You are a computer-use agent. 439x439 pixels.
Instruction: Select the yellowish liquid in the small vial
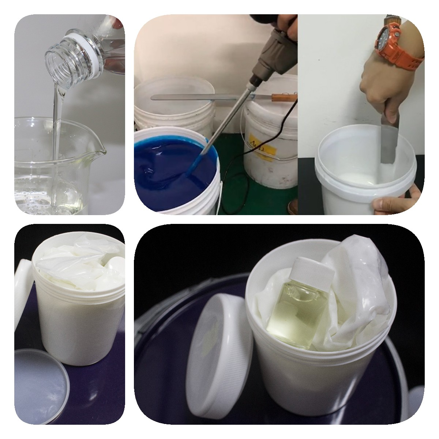[x=296, y=315]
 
